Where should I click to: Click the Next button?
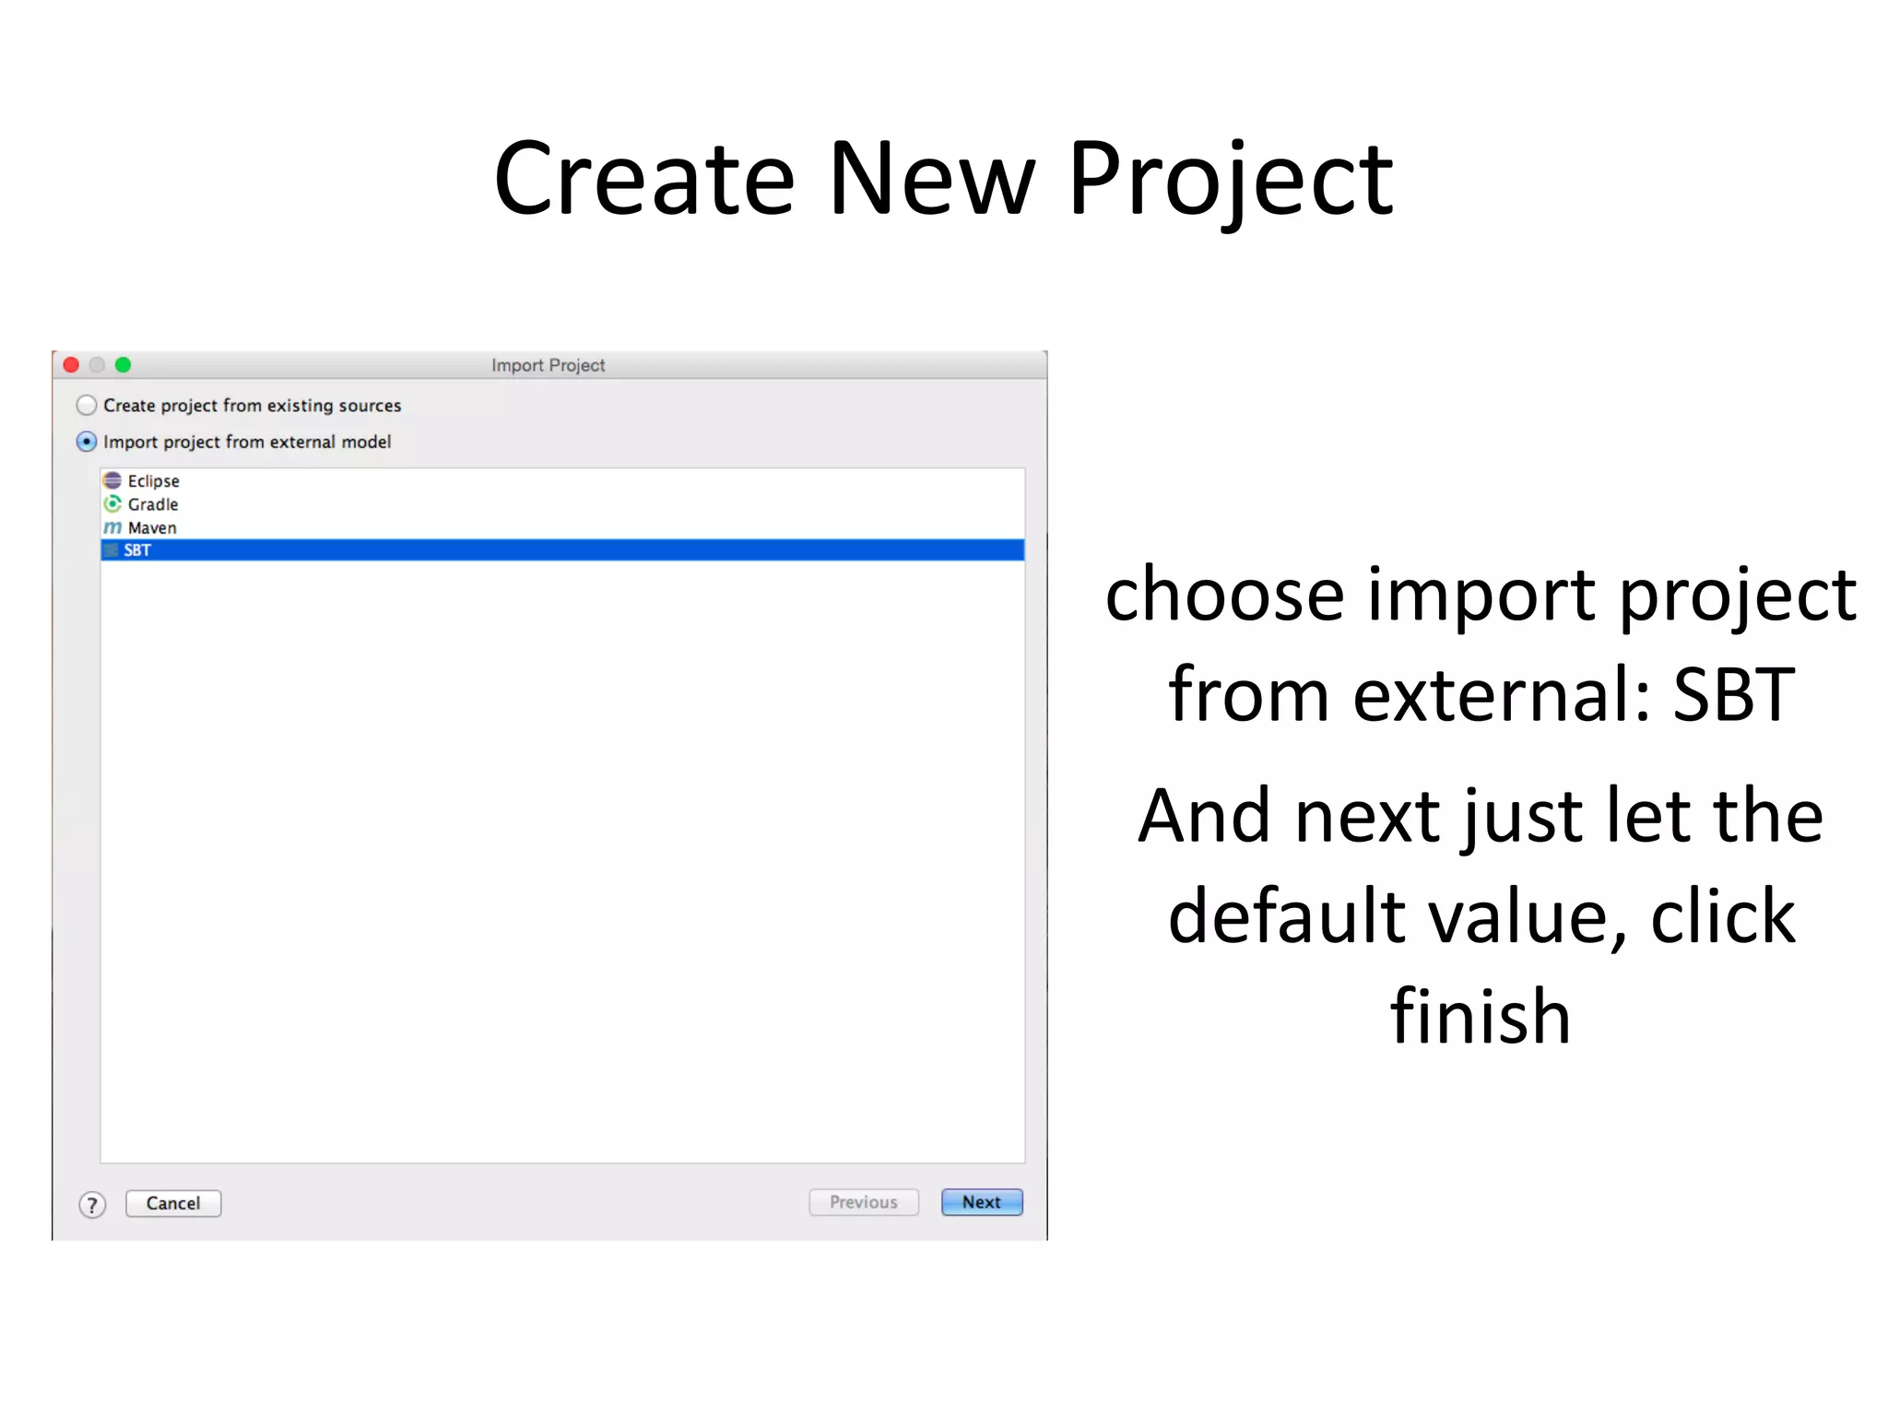981,1202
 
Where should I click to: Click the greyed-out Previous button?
863,1202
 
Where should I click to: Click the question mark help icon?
92,1204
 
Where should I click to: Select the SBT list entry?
137,550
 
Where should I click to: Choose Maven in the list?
152,527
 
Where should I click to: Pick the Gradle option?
153,504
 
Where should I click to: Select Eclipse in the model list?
153,480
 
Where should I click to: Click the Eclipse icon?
112,480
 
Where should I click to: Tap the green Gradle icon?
112,503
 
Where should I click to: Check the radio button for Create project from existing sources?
87,405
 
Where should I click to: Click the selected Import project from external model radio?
87,442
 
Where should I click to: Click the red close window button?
71,365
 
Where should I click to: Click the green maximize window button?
123,365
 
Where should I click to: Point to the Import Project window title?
548,365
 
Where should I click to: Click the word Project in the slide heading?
1230,180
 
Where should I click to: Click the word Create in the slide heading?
643,180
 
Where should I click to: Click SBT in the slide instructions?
1733,694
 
